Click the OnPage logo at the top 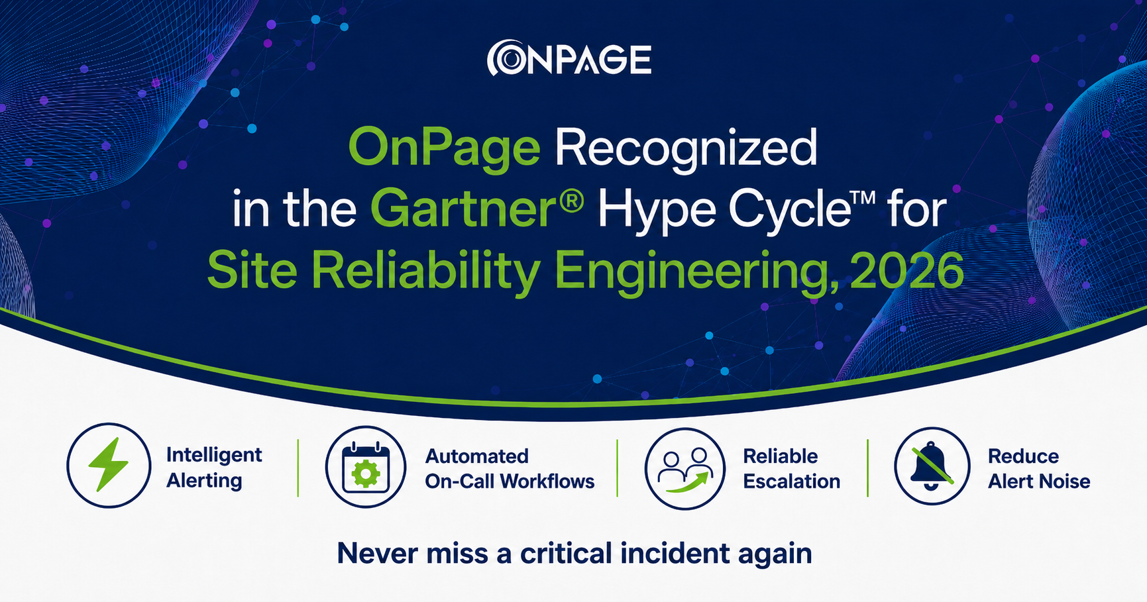569,59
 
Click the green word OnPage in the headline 444,150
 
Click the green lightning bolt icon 109,465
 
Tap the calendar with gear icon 366,467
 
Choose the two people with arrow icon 685,469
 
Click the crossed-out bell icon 932,467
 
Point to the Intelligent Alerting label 214,468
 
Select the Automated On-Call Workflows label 510,468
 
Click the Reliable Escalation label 791,468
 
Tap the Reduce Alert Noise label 1039,468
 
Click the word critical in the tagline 566,554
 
